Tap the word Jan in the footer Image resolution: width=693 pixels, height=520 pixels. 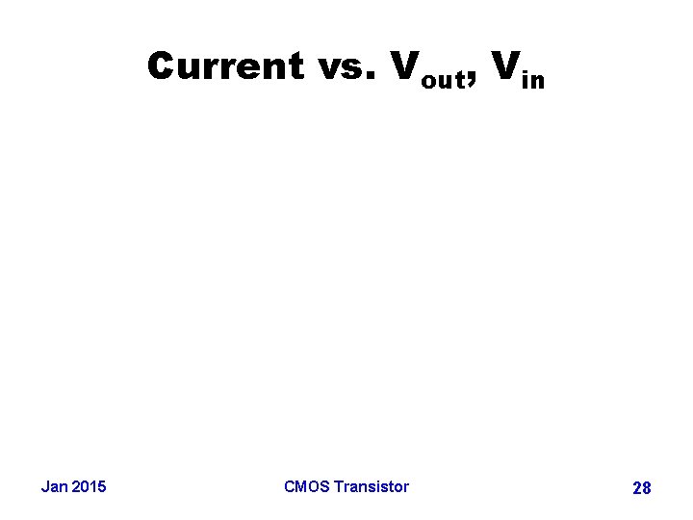tap(55, 486)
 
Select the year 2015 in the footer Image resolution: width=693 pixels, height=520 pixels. tap(90, 486)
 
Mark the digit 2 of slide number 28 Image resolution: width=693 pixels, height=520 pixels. tap(637, 488)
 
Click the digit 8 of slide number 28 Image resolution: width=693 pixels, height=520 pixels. tap(647, 488)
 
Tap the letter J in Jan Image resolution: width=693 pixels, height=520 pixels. tap(45, 486)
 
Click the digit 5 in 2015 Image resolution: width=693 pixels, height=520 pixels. tap(102, 486)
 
